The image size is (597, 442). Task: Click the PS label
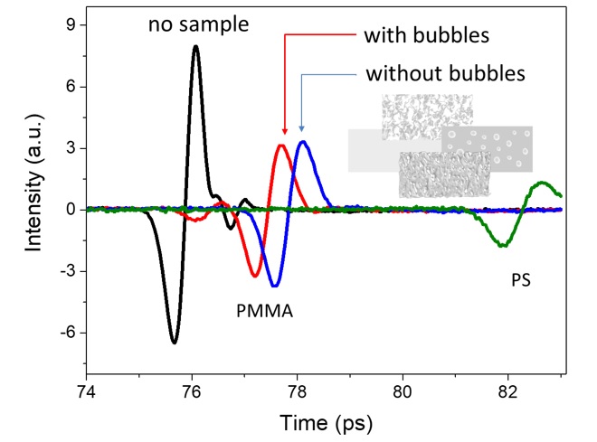pos(519,281)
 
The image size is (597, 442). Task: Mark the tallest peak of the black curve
pos(195,47)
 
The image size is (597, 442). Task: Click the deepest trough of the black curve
pos(175,342)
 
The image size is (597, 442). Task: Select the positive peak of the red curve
pos(282,146)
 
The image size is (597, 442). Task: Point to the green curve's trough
pos(503,246)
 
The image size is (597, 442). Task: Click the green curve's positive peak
pos(542,183)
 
